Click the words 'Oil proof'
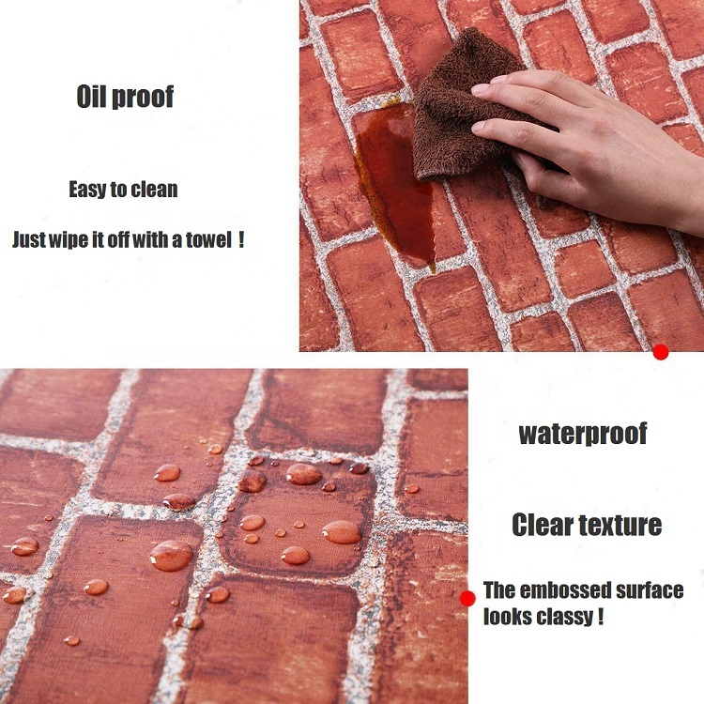point(125,97)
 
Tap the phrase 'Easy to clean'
point(124,190)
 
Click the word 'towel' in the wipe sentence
point(208,239)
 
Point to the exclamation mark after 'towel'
point(241,239)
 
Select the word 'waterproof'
point(583,434)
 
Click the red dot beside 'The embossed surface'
point(467,599)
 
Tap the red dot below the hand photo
point(661,352)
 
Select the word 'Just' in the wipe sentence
point(29,239)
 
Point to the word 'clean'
point(155,190)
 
